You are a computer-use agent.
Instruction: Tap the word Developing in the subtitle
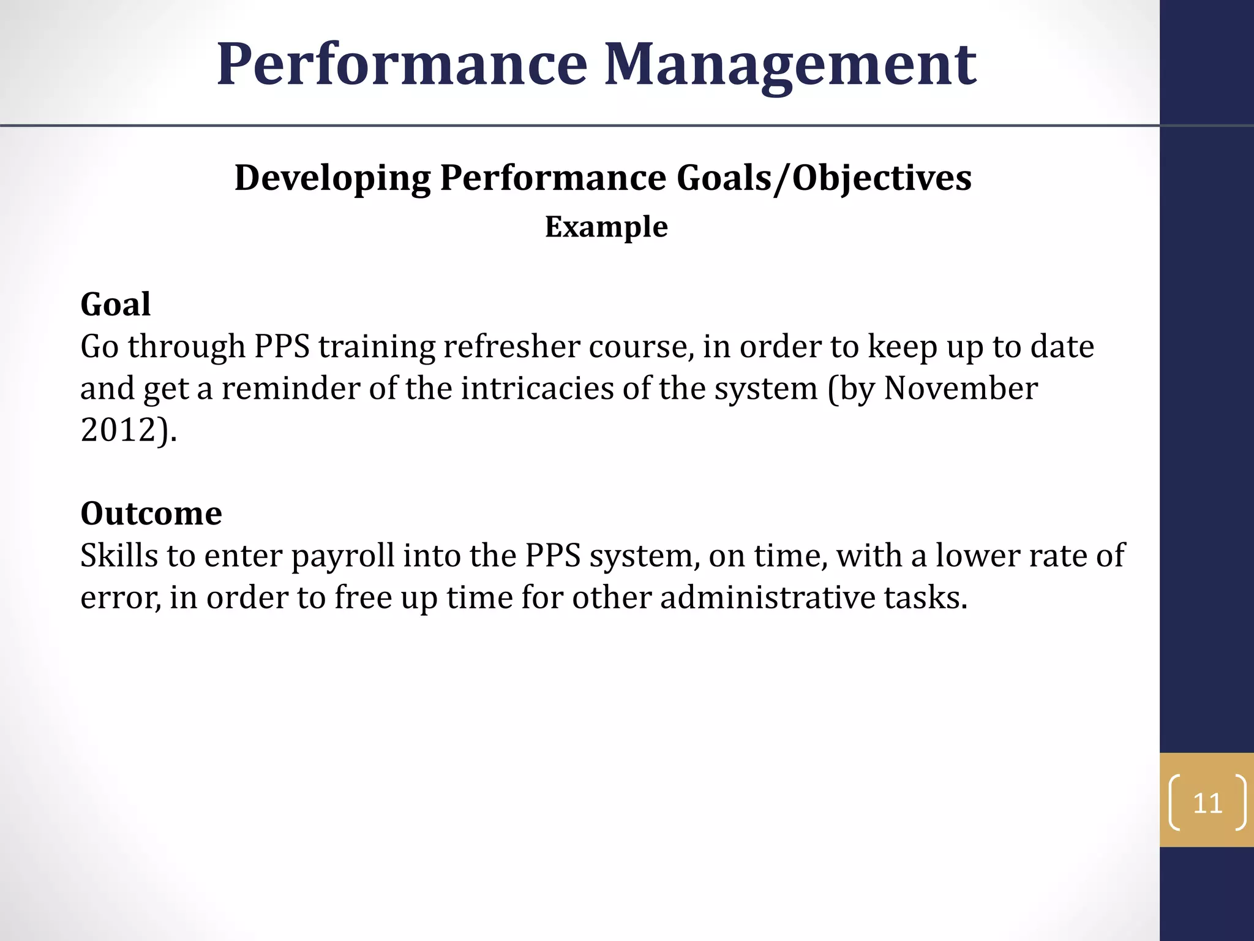pyautogui.click(x=332, y=178)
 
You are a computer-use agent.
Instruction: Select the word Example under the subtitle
pyautogui.click(x=606, y=227)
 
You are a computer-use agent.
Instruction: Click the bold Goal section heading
pyautogui.click(x=115, y=304)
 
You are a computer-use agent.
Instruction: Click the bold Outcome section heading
pyautogui.click(x=151, y=513)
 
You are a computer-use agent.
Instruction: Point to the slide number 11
pyautogui.click(x=1207, y=803)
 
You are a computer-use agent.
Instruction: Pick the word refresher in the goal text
pyautogui.click(x=512, y=347)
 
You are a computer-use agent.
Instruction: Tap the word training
pyautogui.click(x=377, y=347)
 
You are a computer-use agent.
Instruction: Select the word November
pyautogui.click(x=961, y=388)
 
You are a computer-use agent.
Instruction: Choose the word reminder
pyautogui.click(x=290, y=388)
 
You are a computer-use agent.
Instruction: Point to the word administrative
pyautogui.click(x=767, y=597)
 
